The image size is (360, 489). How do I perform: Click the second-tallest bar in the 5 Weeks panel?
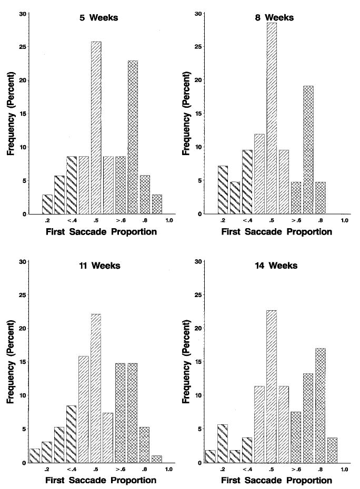[x=133, y=137]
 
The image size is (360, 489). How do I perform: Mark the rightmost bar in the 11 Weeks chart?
[x=157, y=459]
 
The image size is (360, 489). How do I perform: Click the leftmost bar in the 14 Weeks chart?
[x=210, y=456]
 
